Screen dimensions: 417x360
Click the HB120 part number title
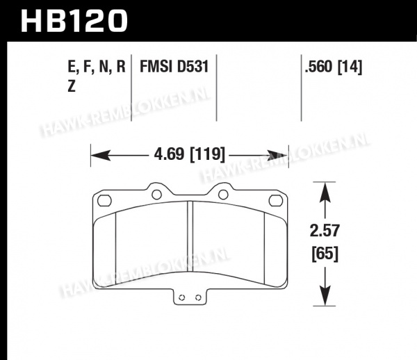(74, 21)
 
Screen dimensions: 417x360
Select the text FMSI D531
(174, 66)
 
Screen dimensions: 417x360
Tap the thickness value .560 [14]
(334, 67)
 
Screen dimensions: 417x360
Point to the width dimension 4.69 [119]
(189, 154)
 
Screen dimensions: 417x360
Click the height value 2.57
(325, 231)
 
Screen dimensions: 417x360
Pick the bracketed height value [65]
(325, 254)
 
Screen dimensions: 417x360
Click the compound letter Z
(72, 86)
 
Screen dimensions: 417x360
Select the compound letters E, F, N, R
(97, 67)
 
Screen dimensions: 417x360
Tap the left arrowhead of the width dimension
(101, 155)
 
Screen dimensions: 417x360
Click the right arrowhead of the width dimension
(277, 156)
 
